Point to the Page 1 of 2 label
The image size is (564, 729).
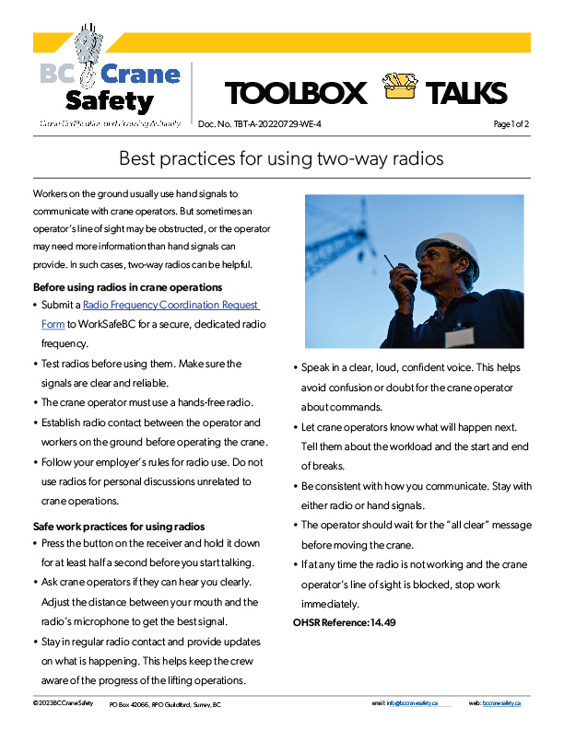point(511,123)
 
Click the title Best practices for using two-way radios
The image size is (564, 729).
point(281,158)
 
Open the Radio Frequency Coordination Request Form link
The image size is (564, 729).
point(170,305)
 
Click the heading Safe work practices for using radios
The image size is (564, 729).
point(118,526)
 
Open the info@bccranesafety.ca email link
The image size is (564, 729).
point(412,702)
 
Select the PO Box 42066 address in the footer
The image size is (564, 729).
point(165,703)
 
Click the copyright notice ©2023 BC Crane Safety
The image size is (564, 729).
point(63,702)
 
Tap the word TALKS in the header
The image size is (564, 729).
point(465,93)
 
